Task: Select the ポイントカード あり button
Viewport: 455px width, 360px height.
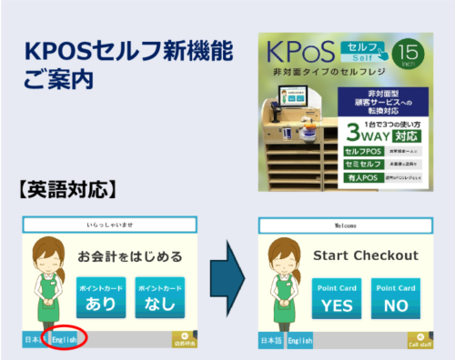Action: (x=101, y=295)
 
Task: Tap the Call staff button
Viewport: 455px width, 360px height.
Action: (x=420, y=341)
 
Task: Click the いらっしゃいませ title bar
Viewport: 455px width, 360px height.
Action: (x=108, y=225)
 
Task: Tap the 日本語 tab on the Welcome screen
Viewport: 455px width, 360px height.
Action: (x=270, y=341)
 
